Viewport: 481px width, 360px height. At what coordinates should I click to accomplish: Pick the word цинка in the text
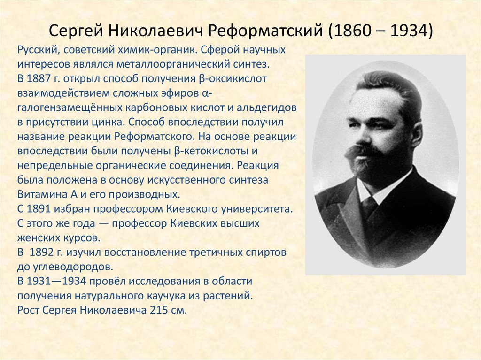(109, 122)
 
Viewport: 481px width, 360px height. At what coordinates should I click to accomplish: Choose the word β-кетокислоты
(209, 151)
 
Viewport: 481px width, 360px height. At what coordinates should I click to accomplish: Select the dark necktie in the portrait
(369, 207)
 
